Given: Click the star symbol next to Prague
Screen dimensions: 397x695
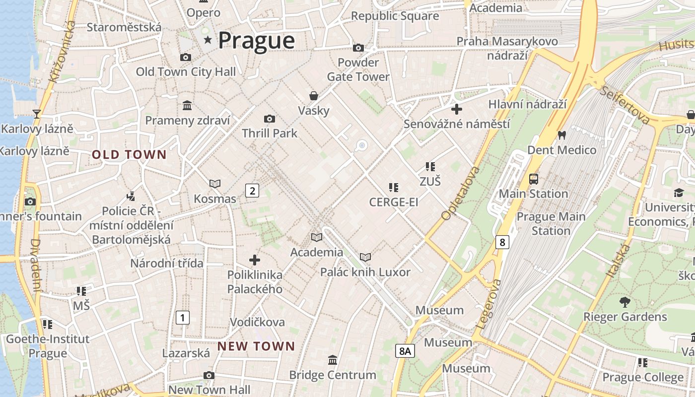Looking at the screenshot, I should pos(208,40).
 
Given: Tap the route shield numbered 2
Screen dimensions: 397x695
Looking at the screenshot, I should pos(252,190).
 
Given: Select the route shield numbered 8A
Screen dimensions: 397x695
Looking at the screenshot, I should pos(405,351).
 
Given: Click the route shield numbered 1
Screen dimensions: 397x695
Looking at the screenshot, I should pos(183,317).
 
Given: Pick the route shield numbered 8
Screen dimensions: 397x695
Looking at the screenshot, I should pos(502,242).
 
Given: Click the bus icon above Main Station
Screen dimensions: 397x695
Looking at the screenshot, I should pos(534,179).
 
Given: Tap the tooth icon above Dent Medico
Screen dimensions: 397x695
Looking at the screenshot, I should pos(562,135).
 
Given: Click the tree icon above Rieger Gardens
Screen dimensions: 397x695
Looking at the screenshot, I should pos(625,302).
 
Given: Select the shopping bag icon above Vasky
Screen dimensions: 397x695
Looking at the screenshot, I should pos(314,95).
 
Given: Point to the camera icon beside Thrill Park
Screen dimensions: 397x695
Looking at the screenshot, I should pos(270,119).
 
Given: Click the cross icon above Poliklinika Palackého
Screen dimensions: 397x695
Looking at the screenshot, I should pos(255,260).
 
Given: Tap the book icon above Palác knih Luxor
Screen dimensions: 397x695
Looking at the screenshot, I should pos(365,257).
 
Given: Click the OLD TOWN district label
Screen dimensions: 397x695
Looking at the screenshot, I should pos(129,154).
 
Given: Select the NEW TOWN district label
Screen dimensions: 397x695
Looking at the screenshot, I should pos(256,346).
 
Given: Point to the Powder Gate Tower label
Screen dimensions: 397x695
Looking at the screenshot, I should pos(358,69).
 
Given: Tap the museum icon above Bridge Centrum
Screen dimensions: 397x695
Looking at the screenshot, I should pos(333,360).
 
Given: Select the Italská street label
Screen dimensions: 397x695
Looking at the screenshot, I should pos(618,261).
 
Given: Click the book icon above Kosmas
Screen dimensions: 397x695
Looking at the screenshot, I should pos(215,184).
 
